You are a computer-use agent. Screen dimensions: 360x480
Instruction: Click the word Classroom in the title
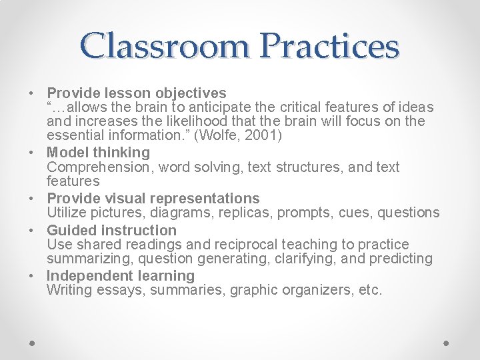(165, 46)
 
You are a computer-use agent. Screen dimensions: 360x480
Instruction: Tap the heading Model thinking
(99, 153)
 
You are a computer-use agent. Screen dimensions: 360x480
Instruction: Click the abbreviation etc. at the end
(369, 290)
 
